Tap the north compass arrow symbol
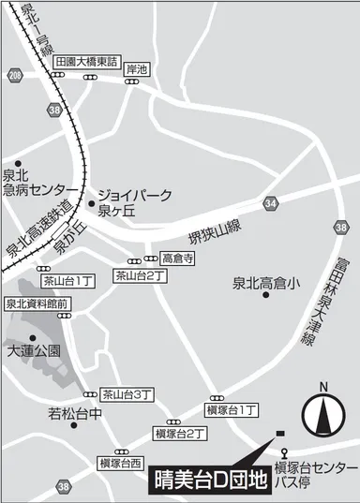(x=322, y=413)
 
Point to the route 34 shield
(x=272, y=202)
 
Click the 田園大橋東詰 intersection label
(x=87, y=62)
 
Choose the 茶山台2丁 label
(x=141, y=275)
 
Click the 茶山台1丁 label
(x=67, y=280)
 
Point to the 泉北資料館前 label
(x=37, y=303)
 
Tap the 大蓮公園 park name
(x=34, y=351)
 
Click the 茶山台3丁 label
(x=127, y=394)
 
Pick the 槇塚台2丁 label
(x=181, y=434)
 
